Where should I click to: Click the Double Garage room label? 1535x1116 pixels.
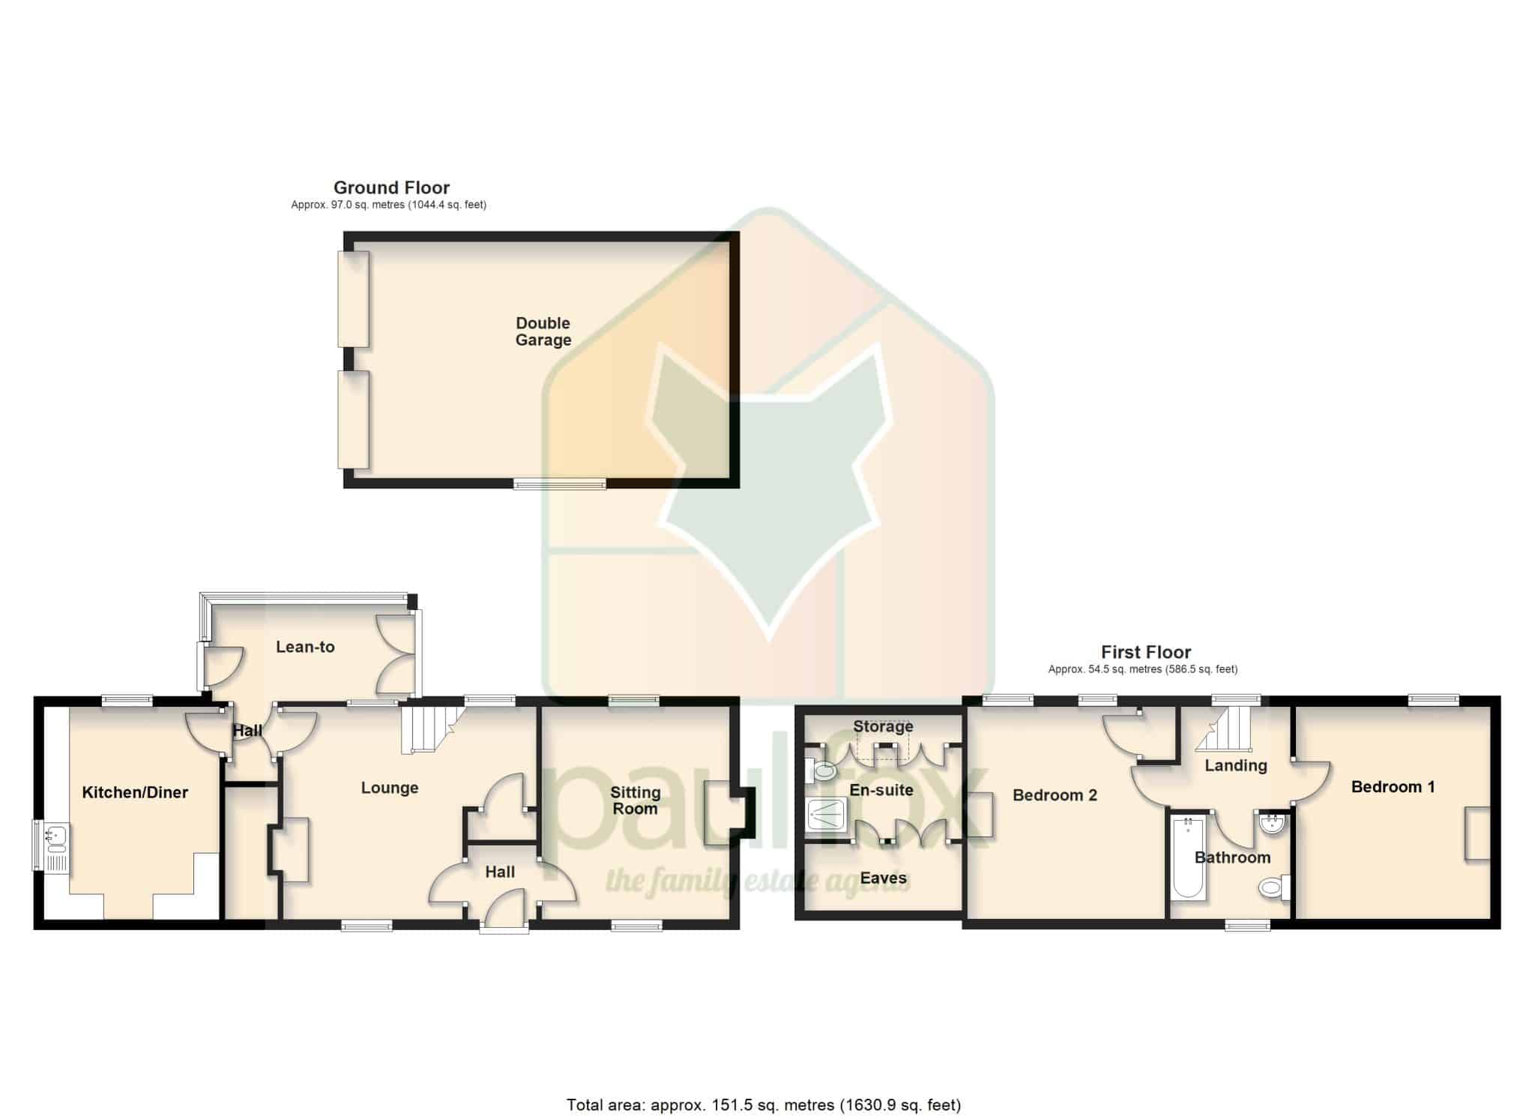coord(543,331)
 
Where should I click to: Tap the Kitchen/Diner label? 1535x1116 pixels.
coord(135,792)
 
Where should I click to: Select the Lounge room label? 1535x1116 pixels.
coord(390,788)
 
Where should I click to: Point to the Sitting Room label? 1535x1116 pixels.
coord(635,800)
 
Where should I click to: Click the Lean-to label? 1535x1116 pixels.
coord(305,647)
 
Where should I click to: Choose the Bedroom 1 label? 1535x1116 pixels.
coord(1393,787)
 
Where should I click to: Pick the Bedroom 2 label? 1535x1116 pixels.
coord(1055,795)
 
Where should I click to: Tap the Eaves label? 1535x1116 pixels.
coord(883,878)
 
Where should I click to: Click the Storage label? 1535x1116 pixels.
coord(883,726)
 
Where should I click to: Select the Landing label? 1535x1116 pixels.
coord(1236,765)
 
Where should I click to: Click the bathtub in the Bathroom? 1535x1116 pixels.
coord(1188,858)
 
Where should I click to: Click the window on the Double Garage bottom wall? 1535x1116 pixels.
coord(560,484)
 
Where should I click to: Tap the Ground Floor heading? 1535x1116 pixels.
coord(391,187)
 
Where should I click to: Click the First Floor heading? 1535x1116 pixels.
coord(1146,652)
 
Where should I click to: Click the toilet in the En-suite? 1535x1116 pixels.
coord(820,770)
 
